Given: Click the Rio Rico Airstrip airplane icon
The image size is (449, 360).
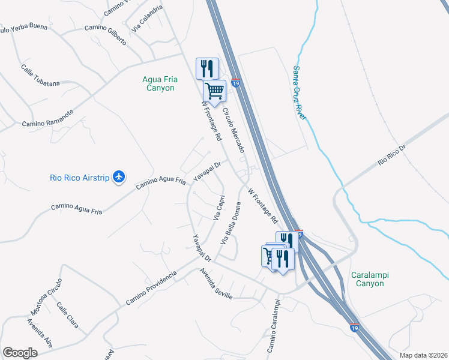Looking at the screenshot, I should point(119,176).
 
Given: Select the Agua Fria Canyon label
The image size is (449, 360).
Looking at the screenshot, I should point(158,83).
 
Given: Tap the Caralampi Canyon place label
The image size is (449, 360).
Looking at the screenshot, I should point(370,279).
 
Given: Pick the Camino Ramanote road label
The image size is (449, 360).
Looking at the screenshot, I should point(47,122).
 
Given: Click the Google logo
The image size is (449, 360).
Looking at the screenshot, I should point(20,353).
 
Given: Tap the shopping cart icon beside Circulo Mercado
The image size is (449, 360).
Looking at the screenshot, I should point(214,91).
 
